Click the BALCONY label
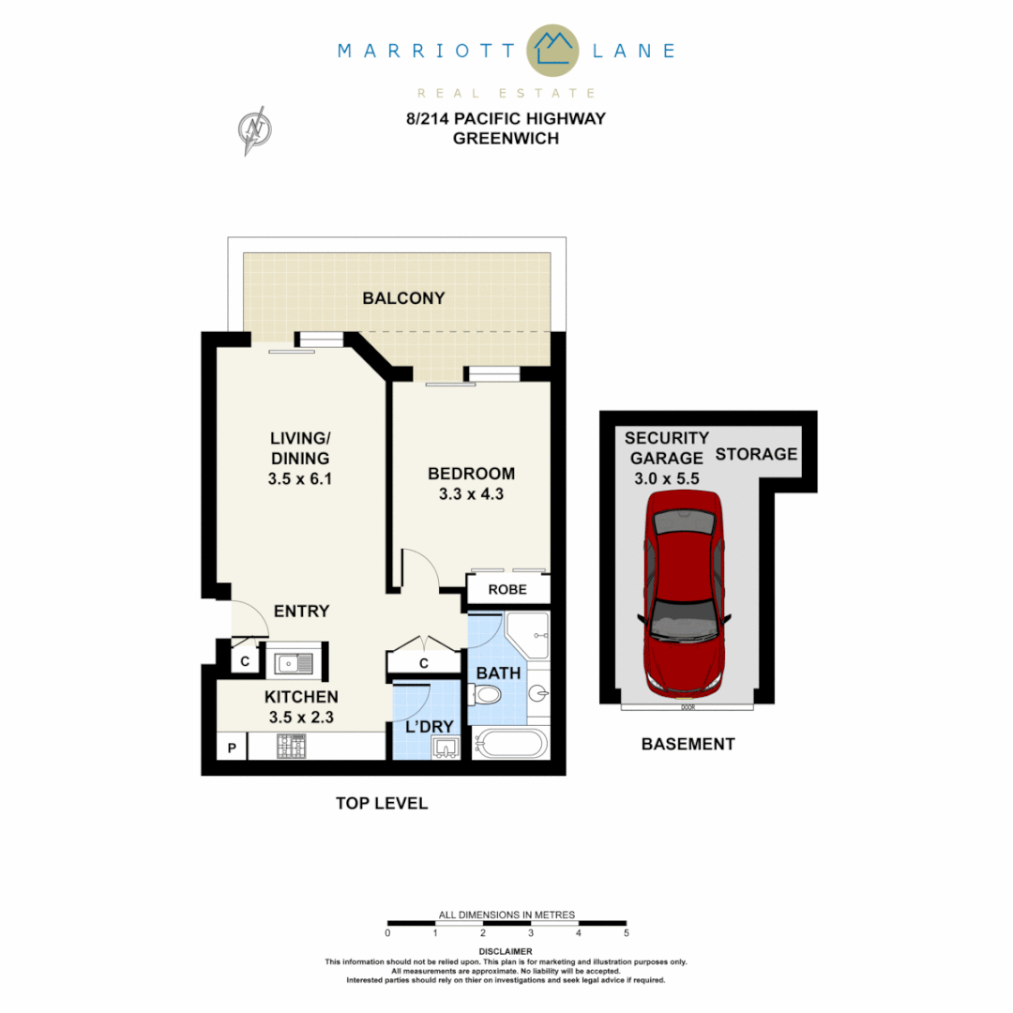403,298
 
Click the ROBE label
508,590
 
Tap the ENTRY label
301,612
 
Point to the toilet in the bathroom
487,695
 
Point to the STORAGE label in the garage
756,455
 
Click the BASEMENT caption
688,744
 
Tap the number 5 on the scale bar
626,933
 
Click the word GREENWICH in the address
506,138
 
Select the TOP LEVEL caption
382,803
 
